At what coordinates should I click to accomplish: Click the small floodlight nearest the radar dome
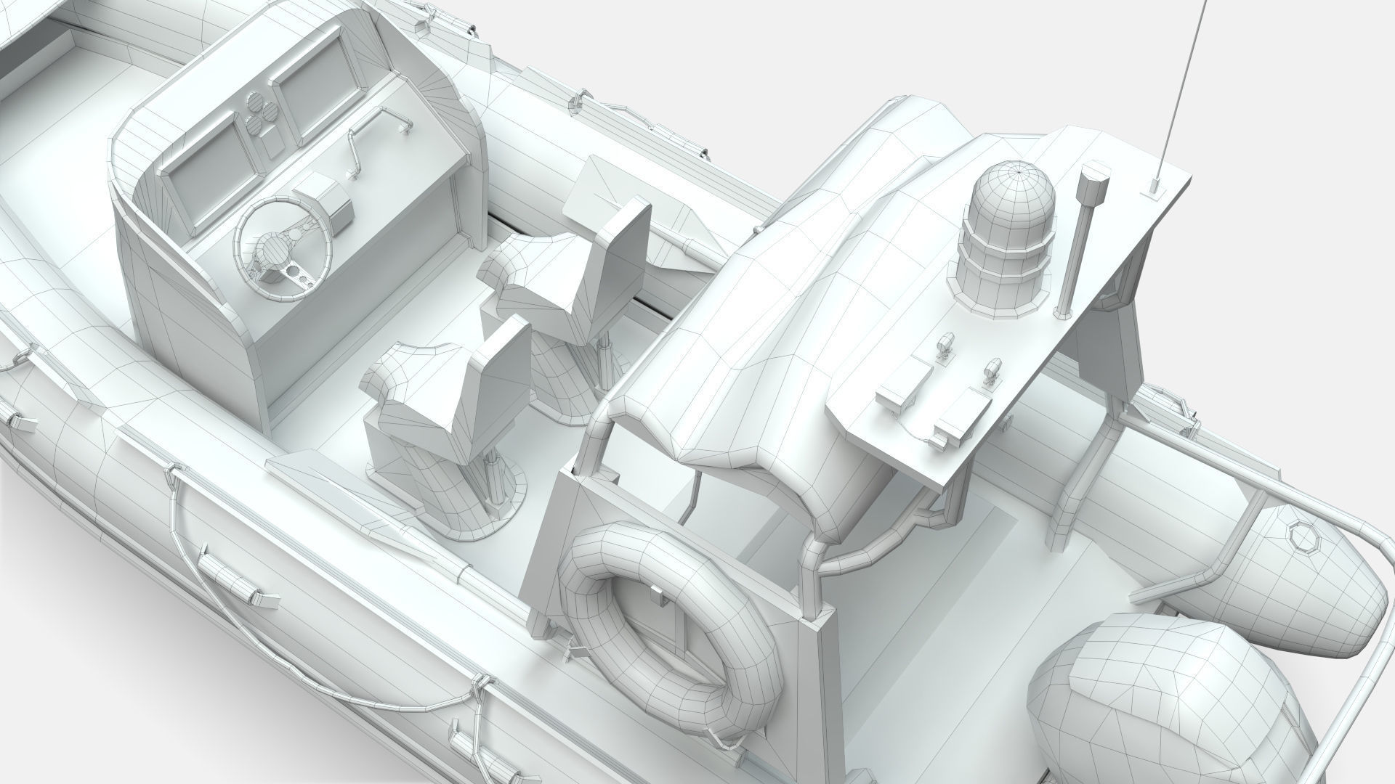tap(945, 345)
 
